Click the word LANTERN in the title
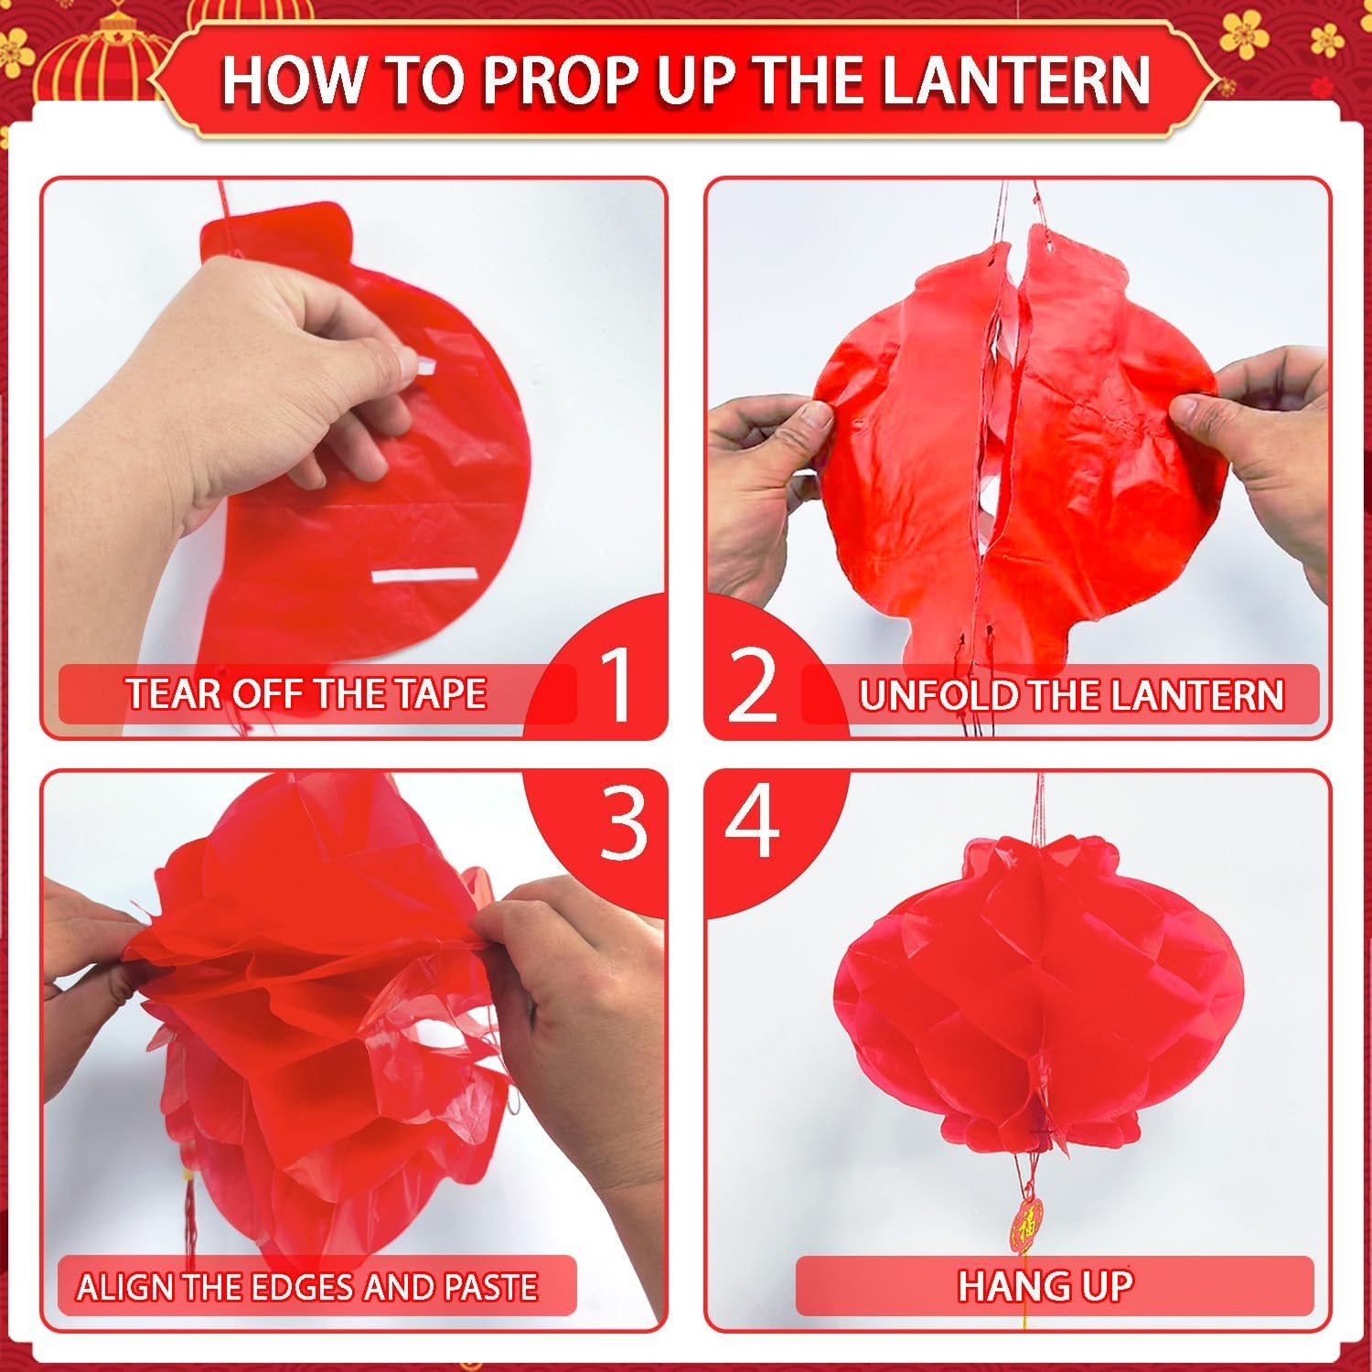(1015, 80)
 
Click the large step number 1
(618, 684)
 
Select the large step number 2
(753, 684)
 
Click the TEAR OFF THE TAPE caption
(305, 693)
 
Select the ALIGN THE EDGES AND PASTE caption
(306, 1287)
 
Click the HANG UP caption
(1045, 1286)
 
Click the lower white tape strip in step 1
(424, 575)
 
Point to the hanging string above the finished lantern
(1038, 805)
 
